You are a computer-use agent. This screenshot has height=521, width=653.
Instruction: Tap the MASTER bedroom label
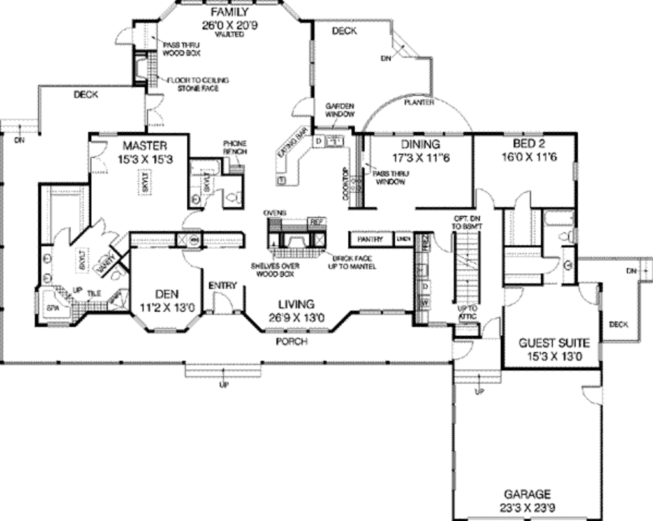point(145,146)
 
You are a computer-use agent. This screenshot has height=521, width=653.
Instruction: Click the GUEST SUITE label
point(554,342)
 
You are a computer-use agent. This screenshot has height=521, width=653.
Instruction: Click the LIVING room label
point(295,305)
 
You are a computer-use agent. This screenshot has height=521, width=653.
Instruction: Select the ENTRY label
point(223,285)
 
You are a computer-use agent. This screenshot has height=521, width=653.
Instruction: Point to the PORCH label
point(291,342)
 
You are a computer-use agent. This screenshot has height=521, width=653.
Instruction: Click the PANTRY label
point(370,239)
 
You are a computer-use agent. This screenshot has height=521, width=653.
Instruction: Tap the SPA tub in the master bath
point(52,307)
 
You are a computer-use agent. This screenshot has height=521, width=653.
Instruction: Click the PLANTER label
point(419,102)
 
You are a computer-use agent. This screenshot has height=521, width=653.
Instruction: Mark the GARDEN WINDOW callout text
point(340,110)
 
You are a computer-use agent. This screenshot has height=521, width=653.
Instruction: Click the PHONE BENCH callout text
point(235,148)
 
